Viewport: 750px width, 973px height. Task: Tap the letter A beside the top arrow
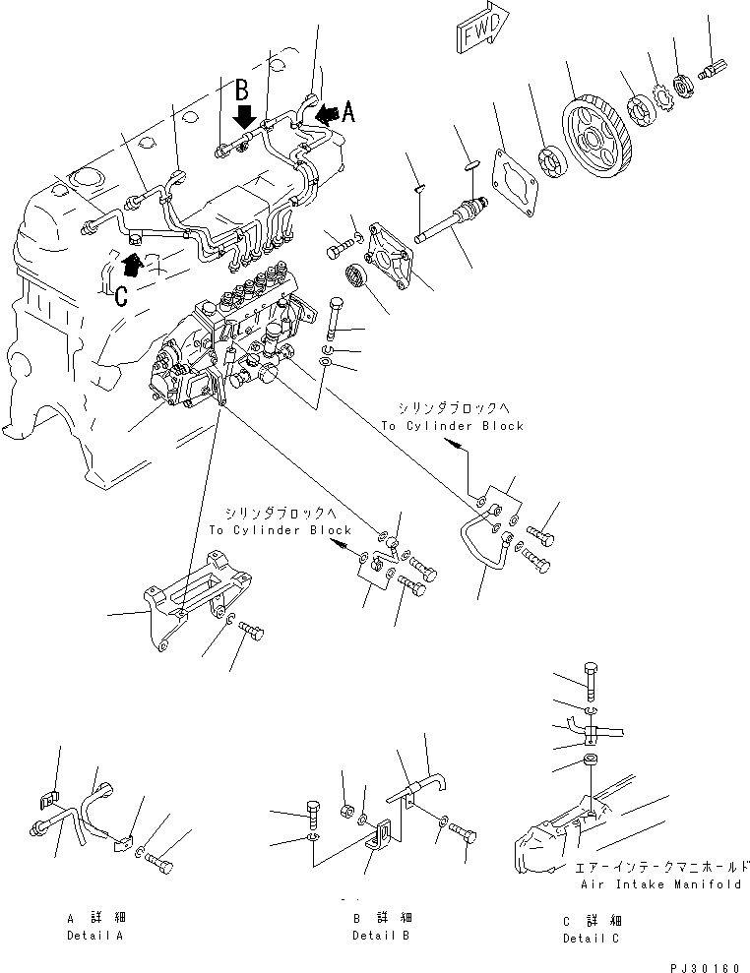pos(346,113)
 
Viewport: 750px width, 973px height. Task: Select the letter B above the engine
pos(240,91)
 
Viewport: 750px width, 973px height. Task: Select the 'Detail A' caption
pos(94,935)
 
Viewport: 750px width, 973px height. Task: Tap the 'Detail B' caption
pos(381,935)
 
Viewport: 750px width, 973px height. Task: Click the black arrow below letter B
pos(243,119)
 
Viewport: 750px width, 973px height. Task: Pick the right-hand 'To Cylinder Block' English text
pos(453,426)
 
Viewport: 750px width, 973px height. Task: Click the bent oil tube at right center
pos(482,546)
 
